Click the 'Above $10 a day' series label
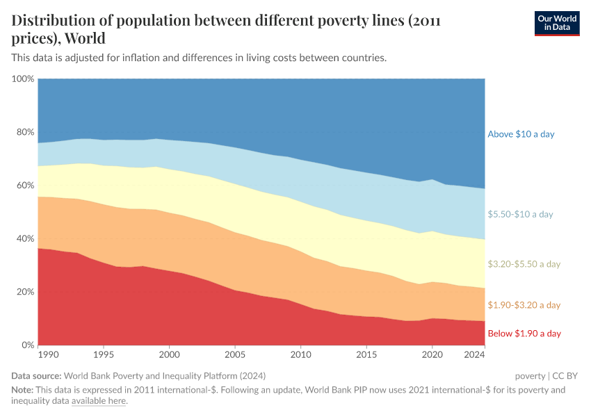(521, 134)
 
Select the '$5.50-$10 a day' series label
(520, 215)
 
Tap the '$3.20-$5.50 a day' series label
(524, 264)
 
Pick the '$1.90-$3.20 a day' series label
(524, 305)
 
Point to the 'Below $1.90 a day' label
(524, 334)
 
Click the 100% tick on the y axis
(23, 79)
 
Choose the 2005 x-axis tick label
(235, 354)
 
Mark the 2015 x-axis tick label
(366, 354)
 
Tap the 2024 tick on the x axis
(474, 354)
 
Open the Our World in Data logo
(556, 23)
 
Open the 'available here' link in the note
(98, 401)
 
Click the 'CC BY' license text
(565, 376)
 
